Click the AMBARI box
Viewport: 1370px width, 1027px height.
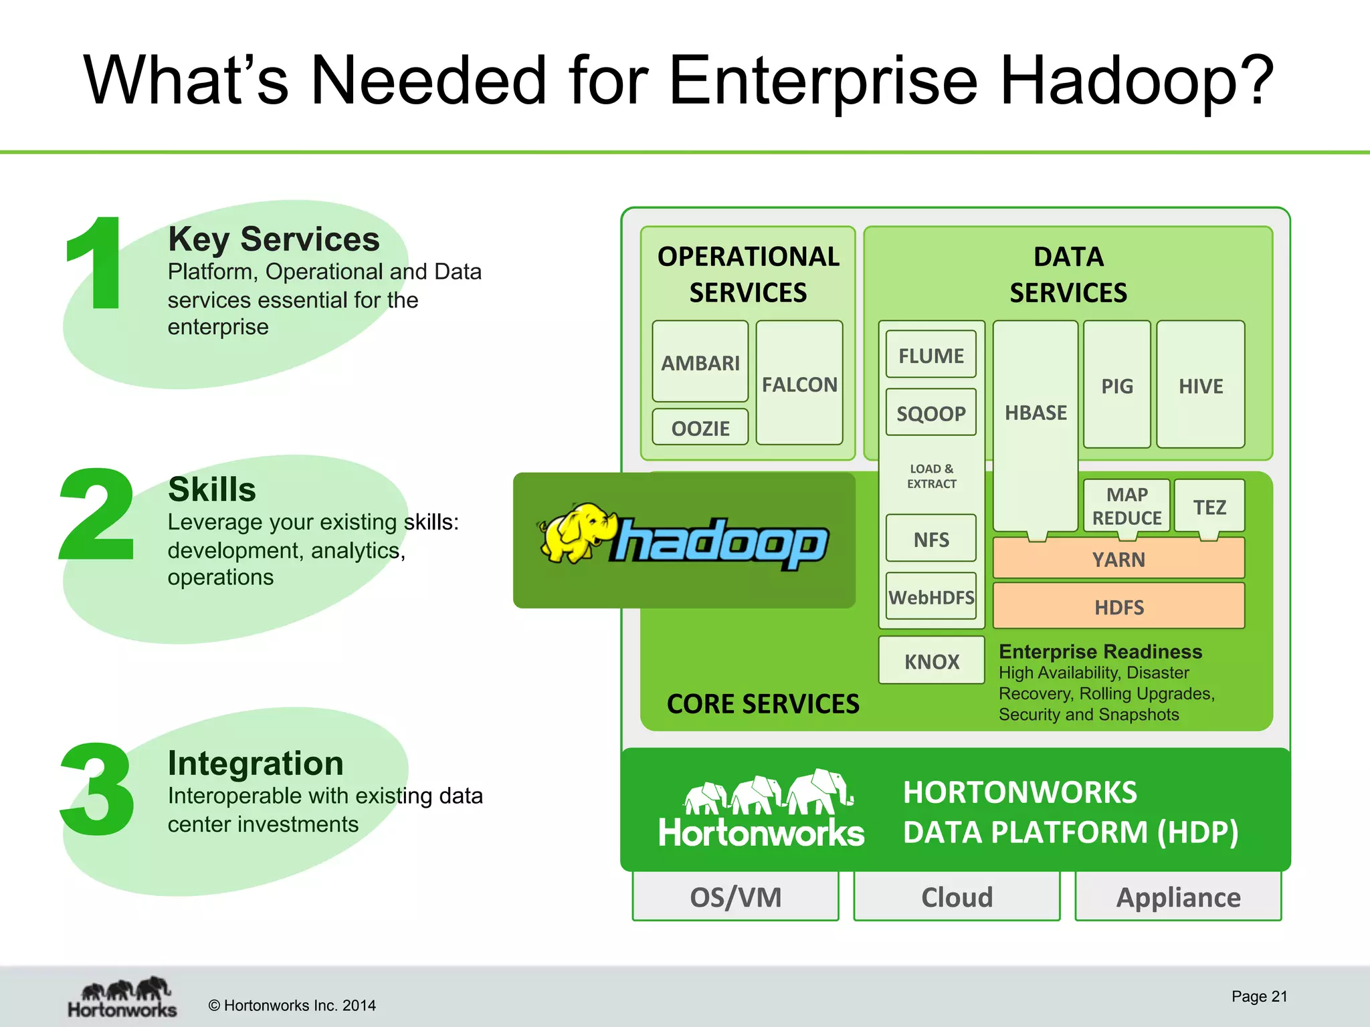click(x=700, y=362)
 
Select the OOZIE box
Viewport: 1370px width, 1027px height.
click(x=700, y=427)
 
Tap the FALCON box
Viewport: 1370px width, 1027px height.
click(x=799, y=384)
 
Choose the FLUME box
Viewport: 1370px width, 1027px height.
click(x=931, y=355)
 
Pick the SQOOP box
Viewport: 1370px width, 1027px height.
click(x=931, y=413)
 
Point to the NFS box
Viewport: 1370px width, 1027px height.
click(x=931, y=538)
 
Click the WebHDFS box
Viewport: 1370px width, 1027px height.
click(x=931, y=596)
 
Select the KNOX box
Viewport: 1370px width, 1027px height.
click(x=931, y=661)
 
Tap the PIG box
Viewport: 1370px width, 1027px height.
click(x=1116, y=385)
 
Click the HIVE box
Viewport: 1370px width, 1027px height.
click(x=1200, y=385)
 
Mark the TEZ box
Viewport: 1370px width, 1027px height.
click(x=1209, y=507)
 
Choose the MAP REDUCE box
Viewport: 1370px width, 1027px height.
click(x=1127, y=505)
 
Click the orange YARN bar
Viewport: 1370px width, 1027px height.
click(x=1118, y=558)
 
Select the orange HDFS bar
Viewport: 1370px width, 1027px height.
click(x=1118, y=606)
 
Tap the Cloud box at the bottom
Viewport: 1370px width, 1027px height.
click(x=957, y=897)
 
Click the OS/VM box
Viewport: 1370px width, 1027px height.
click(x=735, y=897)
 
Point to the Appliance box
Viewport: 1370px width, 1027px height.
click(x=1178, y=897)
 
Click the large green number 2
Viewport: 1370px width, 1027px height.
click(x=98, y=514)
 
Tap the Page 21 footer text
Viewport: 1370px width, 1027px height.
click(x=1259, y=996)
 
